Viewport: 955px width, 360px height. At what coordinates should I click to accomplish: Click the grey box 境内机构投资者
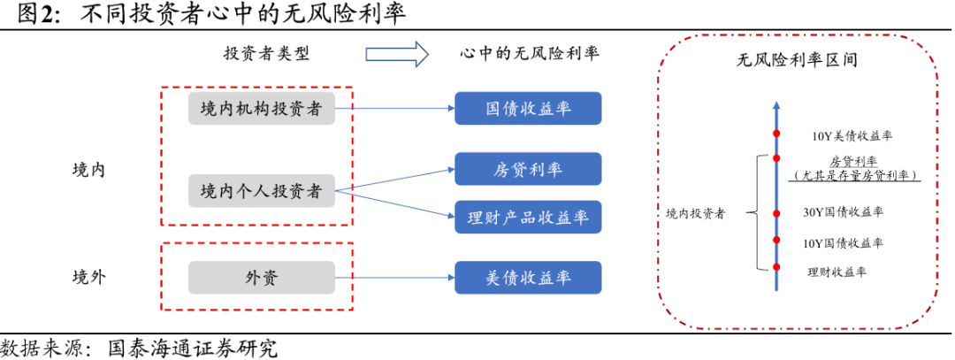261,109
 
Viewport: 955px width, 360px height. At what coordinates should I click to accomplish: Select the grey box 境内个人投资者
261,191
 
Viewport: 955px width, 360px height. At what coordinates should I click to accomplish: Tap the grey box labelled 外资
261,278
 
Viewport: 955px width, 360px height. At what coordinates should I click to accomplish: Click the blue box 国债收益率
528,109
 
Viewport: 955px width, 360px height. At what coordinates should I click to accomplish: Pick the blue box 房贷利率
528,169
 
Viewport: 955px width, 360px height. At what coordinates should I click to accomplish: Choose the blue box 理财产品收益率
528,217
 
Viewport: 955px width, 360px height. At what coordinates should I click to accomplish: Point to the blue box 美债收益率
528,278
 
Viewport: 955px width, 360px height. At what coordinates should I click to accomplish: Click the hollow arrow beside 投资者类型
396,54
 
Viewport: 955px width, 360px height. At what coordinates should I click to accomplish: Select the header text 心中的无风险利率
529,53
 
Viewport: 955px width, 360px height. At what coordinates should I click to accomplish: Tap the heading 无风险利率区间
798,60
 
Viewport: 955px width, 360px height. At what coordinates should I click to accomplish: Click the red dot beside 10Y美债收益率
776,134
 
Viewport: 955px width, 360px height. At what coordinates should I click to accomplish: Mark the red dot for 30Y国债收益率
776,213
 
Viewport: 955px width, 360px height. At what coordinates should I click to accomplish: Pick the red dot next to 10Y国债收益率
776,240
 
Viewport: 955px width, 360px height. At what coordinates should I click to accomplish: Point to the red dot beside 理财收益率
776,267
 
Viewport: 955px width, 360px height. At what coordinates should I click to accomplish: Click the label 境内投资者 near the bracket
696,213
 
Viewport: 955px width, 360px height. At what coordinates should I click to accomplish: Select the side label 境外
89,278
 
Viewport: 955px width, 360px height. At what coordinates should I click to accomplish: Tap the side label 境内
89,169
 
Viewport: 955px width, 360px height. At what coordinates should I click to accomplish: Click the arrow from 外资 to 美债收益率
394,278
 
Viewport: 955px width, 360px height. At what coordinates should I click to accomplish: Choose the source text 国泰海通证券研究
193,349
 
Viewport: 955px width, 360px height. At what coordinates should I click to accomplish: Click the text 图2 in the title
34,15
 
